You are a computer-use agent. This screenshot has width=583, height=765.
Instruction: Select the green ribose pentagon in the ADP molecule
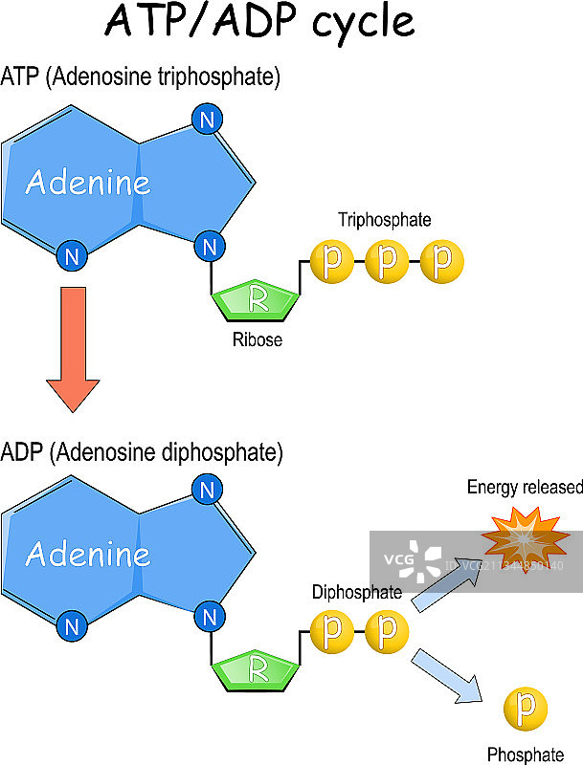(x=256, y=669)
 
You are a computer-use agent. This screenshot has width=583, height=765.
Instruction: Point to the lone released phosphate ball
(x=525, y=709)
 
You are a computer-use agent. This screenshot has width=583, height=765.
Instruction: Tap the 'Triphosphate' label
(x=384, y=220)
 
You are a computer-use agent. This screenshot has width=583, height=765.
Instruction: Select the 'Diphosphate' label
(x=356, y=592)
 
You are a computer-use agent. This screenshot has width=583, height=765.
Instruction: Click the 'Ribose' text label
(x=258, y=339)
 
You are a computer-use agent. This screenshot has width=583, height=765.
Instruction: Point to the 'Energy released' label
(x=525, y=488)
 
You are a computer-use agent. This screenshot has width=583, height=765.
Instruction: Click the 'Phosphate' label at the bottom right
(x=520, y=754)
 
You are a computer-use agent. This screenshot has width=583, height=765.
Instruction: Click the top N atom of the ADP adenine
(x=205, y=491)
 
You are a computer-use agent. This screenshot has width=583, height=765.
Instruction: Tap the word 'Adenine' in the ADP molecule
(x=88, y=554)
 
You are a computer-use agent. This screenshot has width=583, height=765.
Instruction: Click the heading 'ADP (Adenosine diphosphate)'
(x=143, y=450)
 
